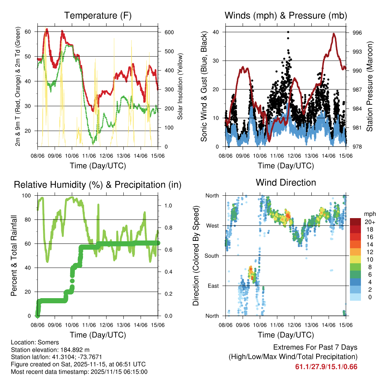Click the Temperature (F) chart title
coord(97,16)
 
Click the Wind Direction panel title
coord(286,182)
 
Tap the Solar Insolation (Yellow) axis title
coord(180,86)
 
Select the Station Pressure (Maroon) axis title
coord(369,86)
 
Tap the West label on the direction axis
coord(212,225)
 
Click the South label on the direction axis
coord(211,256)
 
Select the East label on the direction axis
coord(213,286)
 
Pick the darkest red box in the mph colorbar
coord(355,221)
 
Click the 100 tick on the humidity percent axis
coord(27,195)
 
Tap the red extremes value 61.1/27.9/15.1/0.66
coord(326,367)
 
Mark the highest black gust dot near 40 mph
coord(288,32)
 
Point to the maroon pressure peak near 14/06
coord(334,34)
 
